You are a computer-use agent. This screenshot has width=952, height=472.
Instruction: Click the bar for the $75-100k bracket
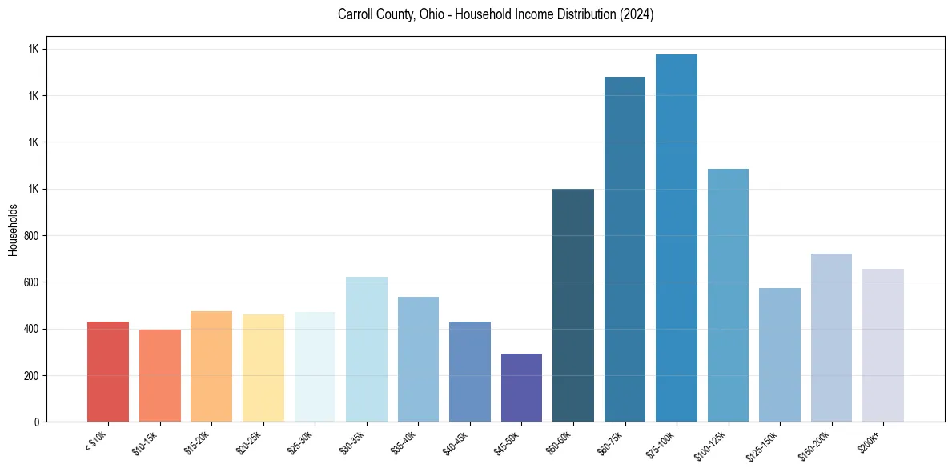click(676, 238)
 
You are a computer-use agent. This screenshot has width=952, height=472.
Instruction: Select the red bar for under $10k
click(107, 372)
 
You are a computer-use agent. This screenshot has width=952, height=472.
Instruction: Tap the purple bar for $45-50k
click(521, 388)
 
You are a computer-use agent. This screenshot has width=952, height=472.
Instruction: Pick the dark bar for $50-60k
click(573, 306)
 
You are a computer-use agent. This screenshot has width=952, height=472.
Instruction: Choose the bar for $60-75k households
click(625, 250)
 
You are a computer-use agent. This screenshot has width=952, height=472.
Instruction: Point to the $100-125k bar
click(728, 295)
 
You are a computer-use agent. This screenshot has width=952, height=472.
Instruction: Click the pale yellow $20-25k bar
click(263, 368)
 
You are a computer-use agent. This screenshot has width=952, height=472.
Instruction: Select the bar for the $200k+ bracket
click(882, 346)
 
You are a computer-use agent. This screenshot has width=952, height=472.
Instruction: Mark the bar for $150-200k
click(831, 338)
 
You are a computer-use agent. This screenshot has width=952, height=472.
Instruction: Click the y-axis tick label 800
click(32, 236)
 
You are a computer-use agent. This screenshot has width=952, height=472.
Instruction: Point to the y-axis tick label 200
click(32, 376)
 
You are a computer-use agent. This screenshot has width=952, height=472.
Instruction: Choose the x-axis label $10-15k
click(145, 443)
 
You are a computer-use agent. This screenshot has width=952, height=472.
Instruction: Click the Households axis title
click(13, 230)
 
